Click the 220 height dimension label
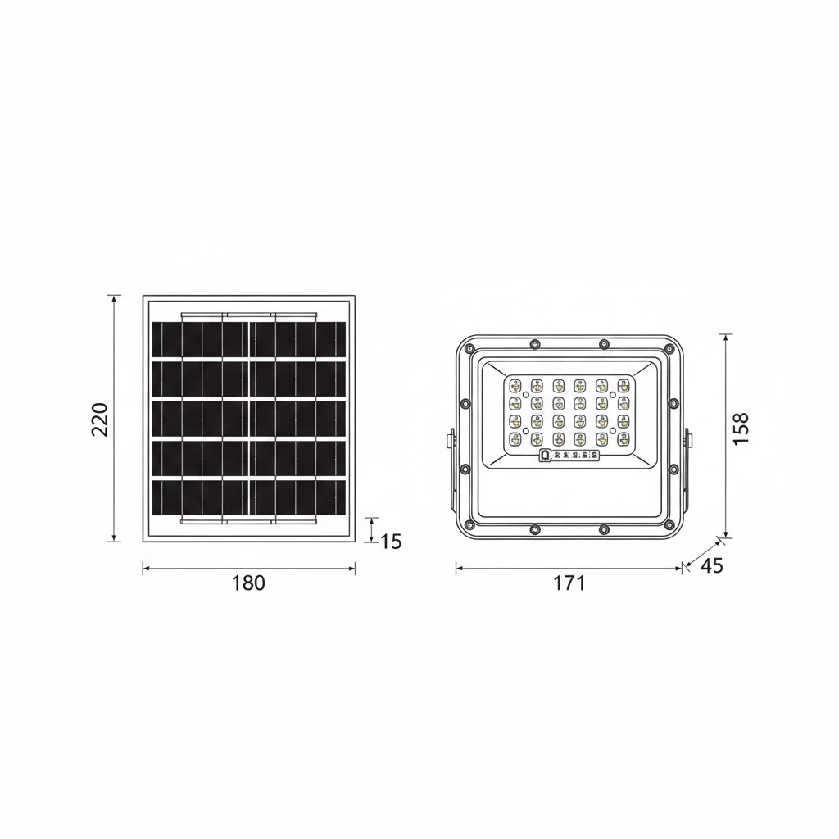click(99, 419)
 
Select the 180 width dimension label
click(248, 583)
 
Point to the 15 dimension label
click(392, 542)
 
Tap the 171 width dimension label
click(569, 583)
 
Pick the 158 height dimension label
click(741, 429)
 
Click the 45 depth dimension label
click(712, 566)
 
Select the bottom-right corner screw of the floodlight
click(672, 524)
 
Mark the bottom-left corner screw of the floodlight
click(469, 524)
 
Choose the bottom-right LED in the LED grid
click(624, 438)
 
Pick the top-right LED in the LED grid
click(624, 383)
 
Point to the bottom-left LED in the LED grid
click(515, 438)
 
